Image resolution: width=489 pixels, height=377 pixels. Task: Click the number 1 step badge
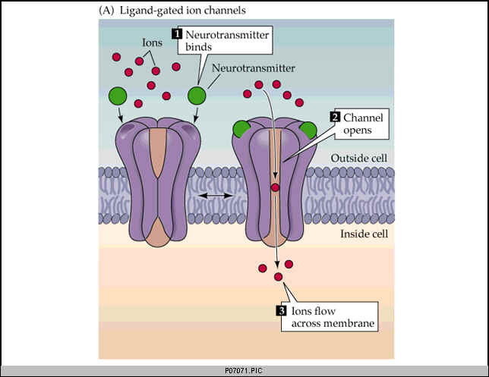177,35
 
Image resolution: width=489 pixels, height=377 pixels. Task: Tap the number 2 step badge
333,118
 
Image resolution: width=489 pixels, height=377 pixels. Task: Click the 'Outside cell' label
360,159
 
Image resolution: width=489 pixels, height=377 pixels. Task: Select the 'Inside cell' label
364,234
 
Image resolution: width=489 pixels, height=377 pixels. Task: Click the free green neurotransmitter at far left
118,96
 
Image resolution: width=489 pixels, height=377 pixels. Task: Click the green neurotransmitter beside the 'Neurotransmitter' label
197,96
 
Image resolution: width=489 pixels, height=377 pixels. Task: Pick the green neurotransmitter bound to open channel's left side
241,127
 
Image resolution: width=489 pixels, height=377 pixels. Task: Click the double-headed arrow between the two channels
216,196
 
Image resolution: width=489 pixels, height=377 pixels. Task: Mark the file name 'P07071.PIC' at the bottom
244,371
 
